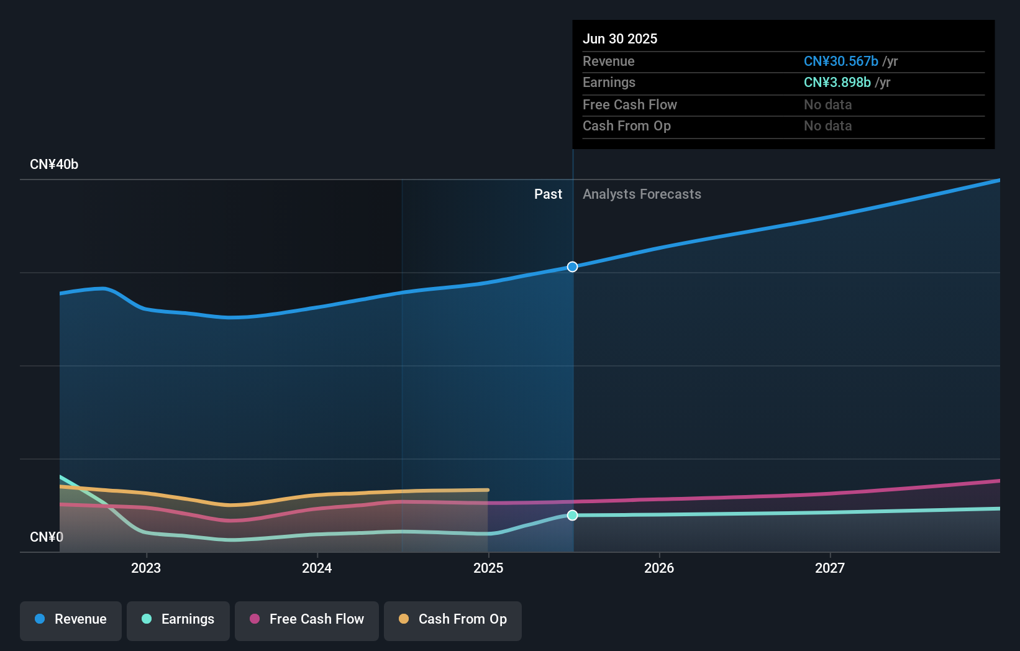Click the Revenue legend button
[x=71, y=619]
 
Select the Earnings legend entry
[x=178, y=619]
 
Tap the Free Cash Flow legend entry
[x=307, y=619]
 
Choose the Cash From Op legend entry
[x=453, y=619]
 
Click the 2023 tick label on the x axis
[x=146, y=568]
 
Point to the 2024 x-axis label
[x=317, y=568]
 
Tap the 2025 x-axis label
[x=488, y=568]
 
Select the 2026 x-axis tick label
[x=659, y=568]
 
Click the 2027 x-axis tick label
[x=830, y=568]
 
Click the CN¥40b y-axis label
[x=54, y=165]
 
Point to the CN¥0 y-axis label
[x=47, y=537]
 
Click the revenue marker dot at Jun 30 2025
[x=573, y=266]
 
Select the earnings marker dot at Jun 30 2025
[x=573, y=515]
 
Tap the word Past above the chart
[x=548, y=194]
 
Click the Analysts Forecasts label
[x=642, y=194]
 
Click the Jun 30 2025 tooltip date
[x=620, y=39]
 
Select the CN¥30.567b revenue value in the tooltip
[x=840, y=61]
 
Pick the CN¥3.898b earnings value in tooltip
[x=837, y=83]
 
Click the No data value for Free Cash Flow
[x=827, y=105]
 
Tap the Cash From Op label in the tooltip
[x=626, y=126]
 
